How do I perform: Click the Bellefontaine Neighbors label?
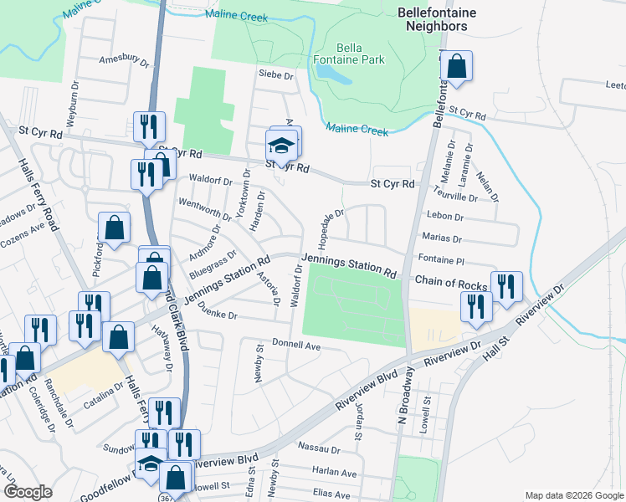[x=443, y=19]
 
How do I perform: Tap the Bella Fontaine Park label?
[x=360, y=54]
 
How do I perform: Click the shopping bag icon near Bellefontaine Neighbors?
[x=456, y=67]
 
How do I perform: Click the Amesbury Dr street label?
[x=123, y=61]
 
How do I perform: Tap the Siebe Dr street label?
[x=277, y=75]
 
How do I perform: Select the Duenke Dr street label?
[x=219, y=317]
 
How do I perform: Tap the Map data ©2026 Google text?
[x=573, y=495]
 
